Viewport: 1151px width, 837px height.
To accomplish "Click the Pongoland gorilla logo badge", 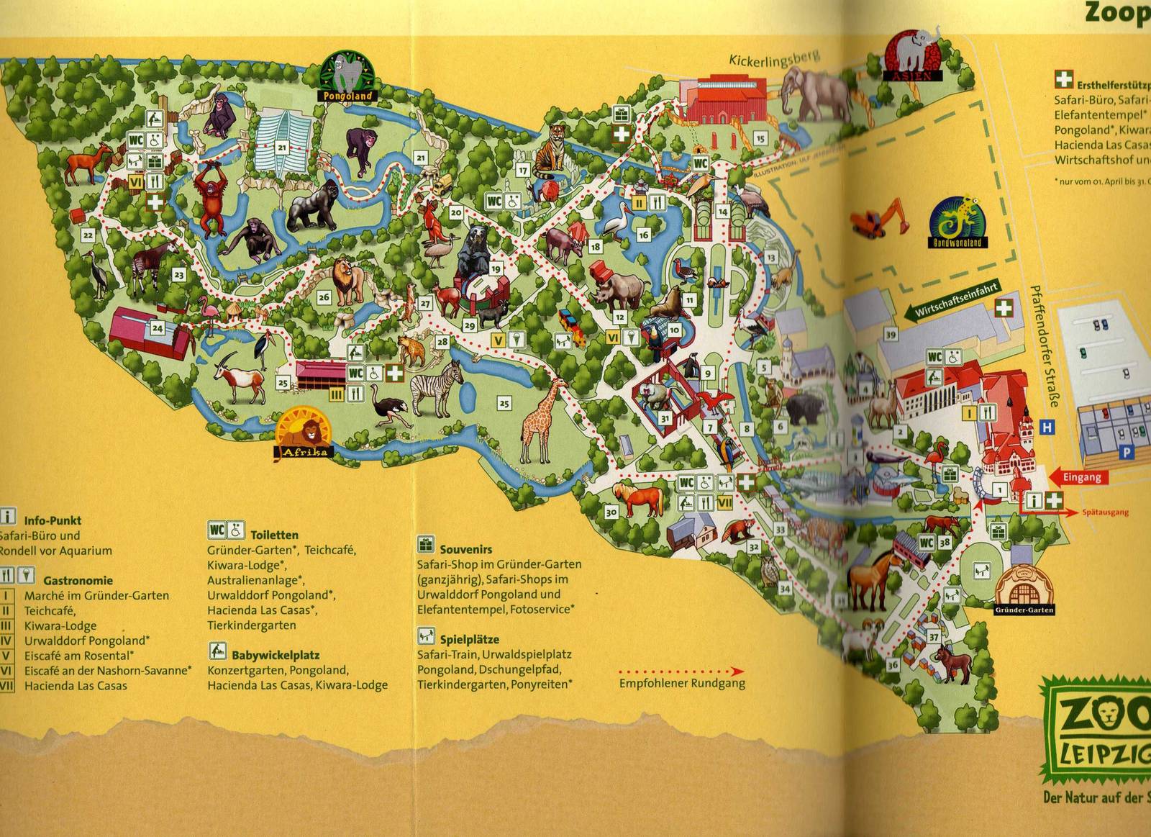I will [x=348, y=76].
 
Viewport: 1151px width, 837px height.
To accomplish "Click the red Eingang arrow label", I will [x=1076, y=477].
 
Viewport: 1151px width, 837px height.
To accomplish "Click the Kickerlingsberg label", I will [x=774, y=59].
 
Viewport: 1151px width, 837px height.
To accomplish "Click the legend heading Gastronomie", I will [x=78, y=580].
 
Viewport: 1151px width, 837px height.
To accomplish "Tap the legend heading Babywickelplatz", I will [x=276, y=655].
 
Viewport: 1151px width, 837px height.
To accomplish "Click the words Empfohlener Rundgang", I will [x=682, y=684].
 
